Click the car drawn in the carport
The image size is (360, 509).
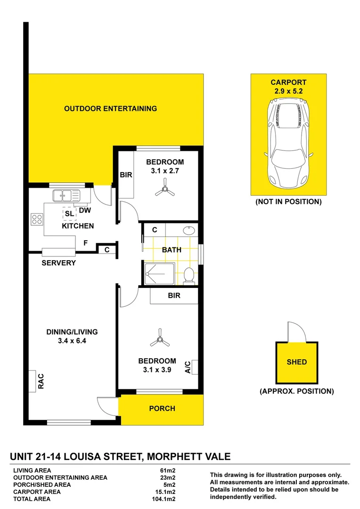288,143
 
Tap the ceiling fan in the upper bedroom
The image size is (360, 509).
164,190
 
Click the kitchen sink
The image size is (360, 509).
66,195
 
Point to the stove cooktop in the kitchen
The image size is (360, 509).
37,219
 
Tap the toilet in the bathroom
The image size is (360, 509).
189,275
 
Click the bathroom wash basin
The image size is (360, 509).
189,230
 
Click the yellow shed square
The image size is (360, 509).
296,362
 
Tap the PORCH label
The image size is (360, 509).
162,409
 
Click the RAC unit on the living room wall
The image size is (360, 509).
32,381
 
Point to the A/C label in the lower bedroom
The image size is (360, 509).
187,367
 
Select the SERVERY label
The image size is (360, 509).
58,263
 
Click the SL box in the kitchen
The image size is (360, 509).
70,214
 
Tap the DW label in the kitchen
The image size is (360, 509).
85,211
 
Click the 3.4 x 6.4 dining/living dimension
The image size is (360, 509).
72,341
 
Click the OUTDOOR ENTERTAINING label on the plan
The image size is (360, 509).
110,109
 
